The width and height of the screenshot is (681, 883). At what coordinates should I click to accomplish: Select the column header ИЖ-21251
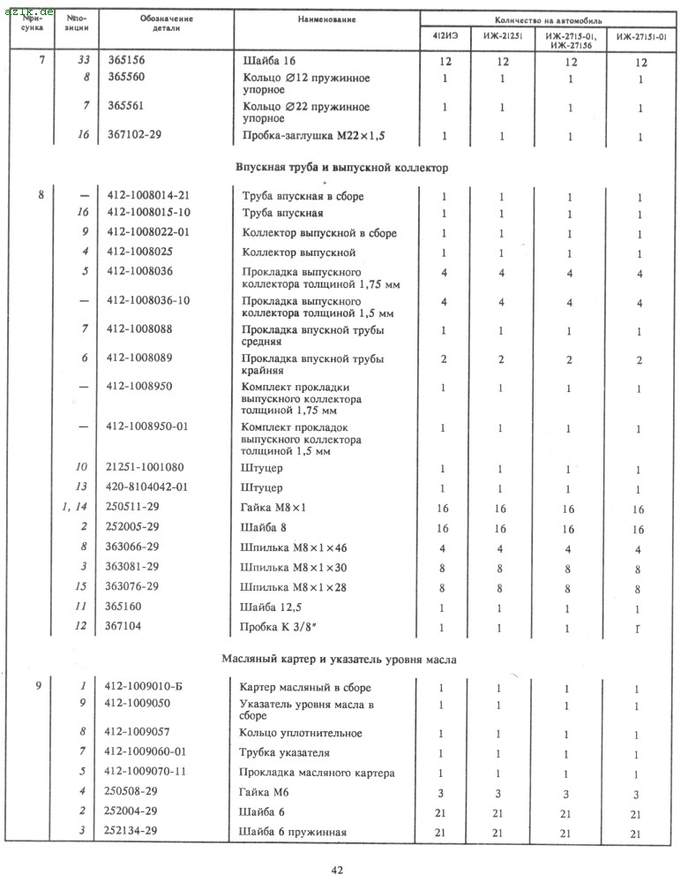[x=502, y=37]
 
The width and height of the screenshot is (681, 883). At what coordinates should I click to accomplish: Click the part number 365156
[x=126, y=62]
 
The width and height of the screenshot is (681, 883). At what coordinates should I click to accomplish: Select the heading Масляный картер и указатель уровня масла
[x=340, y=659]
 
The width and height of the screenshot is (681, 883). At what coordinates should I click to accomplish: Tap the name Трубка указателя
[x=285, y=752]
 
